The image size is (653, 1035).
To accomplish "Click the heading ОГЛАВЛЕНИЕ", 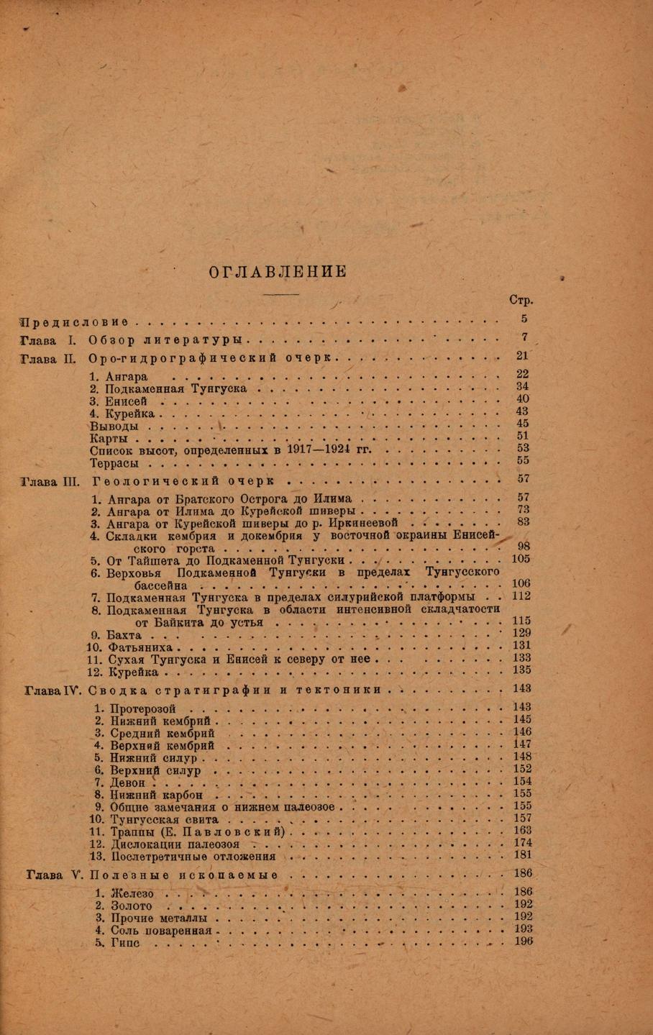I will point(278,271).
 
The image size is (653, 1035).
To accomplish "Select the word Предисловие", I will point(76,321).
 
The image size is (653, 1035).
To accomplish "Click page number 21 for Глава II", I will point(523,355).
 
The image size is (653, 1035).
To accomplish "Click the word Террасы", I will point(114,463).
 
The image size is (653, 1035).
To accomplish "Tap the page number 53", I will point(523,448).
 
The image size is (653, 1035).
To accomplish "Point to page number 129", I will point(521,633).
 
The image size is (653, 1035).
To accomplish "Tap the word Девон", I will point(128,783).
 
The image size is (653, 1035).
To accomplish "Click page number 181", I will point(523,855).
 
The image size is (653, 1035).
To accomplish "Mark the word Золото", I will point(132,906).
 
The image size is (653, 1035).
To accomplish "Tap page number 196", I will point(523,941).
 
